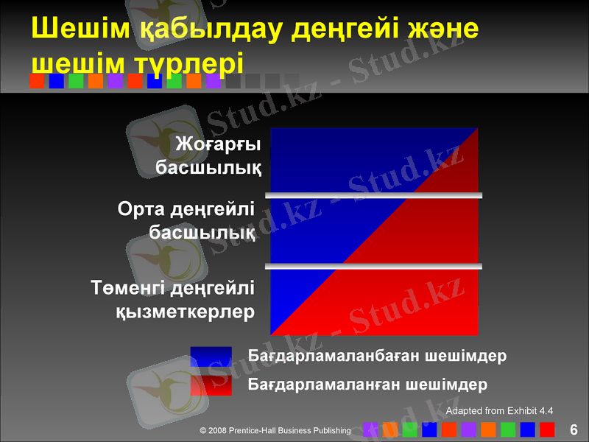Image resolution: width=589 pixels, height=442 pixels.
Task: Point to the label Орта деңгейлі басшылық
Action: [187, 221]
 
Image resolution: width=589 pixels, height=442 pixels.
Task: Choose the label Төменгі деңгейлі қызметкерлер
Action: [174, 298]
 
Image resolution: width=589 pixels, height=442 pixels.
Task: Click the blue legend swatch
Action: [211, 357]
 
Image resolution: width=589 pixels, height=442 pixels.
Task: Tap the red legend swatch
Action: [211, 385]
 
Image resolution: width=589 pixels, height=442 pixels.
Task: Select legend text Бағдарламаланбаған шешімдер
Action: [377, 357]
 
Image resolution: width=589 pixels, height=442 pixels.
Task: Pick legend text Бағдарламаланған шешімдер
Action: [367, 385]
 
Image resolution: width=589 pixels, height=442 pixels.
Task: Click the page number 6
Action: [573, 429]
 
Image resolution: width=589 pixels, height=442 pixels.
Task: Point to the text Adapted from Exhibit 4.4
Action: [500, 410]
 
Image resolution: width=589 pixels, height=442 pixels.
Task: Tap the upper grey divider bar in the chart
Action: [374, 195]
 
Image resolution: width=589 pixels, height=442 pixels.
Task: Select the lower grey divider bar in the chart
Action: [374, 265]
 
